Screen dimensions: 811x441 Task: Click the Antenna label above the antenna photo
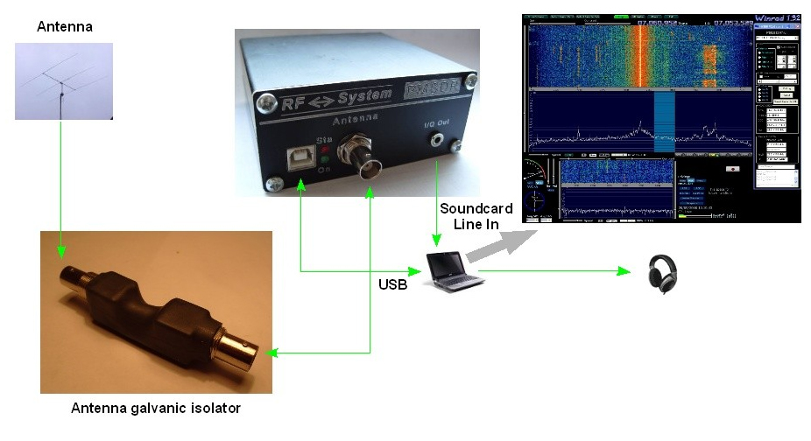coord(64,27)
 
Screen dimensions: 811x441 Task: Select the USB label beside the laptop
coord(392,284)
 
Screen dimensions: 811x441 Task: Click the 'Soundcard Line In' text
coord(476,216)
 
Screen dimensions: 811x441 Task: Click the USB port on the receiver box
coord(297,157)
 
